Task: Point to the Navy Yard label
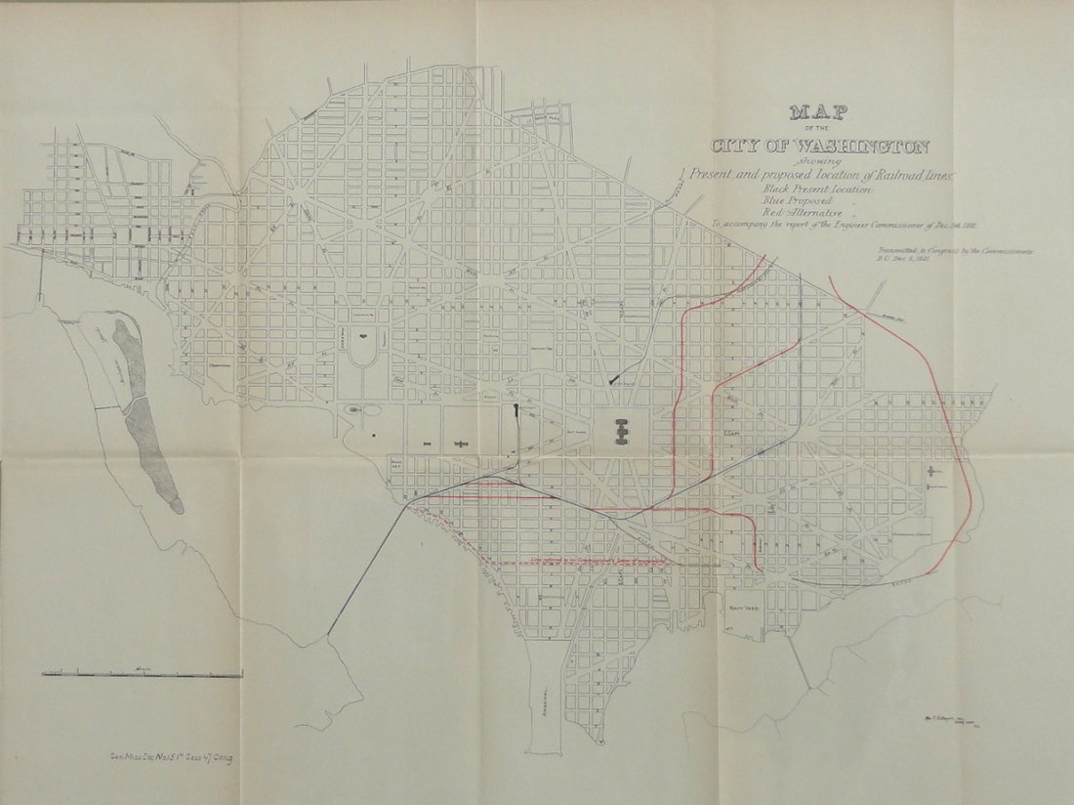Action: [x=744, y=607]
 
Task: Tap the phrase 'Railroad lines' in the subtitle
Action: [x=907, y=174]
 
